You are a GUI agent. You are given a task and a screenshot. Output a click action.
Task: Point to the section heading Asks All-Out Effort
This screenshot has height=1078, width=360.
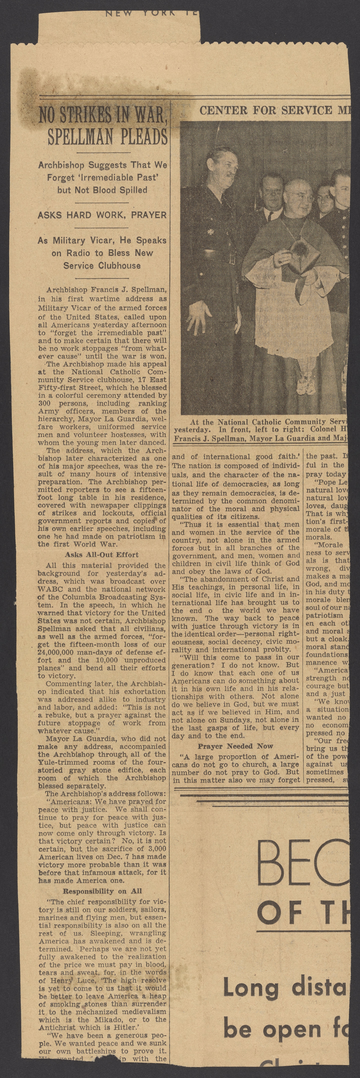click(x=102, y=555)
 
